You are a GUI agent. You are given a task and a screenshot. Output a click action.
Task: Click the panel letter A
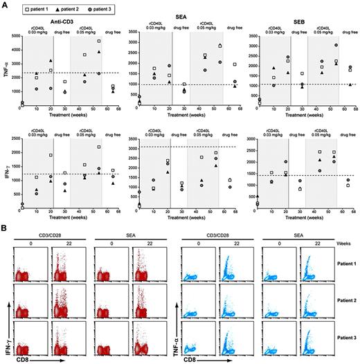(5, 4)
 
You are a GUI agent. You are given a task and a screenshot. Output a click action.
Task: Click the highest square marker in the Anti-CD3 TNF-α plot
(100, 42)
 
